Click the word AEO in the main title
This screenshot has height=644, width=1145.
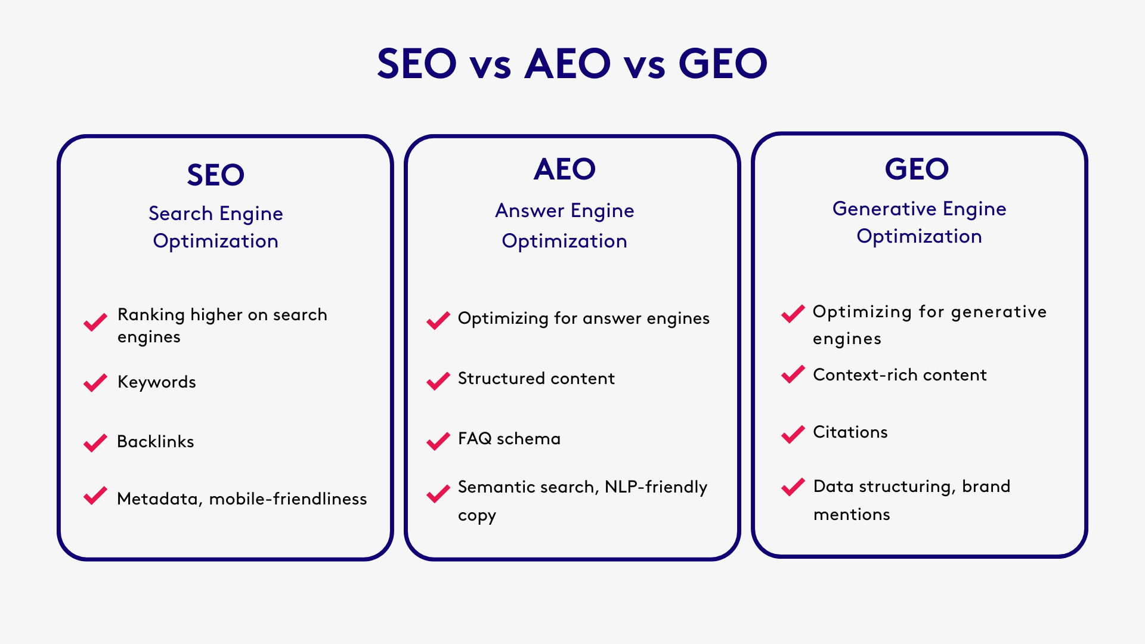[x=567, y=64]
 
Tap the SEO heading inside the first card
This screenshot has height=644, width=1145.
[x=215, y=175]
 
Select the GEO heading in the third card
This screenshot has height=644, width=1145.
[x=917, y=169]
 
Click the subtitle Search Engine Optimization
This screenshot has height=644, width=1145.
[x=215, y=227]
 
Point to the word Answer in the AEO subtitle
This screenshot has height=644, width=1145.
[x=530, y=210]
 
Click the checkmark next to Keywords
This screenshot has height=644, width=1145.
[x=95, y=383]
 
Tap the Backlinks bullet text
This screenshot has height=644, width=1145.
[x=156, y=442]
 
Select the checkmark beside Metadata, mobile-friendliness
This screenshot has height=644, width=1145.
[x=95, y=496]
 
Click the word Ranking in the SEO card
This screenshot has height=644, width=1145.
[x=151, y=315]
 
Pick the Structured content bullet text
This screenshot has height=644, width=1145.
[x=536, y=379]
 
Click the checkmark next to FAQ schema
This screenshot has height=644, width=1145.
[x=438, y=441]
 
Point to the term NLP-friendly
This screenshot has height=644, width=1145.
[x=656, y=487]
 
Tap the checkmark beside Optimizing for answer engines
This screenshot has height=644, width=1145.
[x=438, y=320]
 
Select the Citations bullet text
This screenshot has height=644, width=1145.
[x=850, y=432]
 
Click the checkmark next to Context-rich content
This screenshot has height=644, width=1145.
[x=793, y=374]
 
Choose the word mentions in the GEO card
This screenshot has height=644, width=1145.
[x=852, y=515]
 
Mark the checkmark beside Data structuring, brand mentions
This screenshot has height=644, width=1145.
[x=793, y=487]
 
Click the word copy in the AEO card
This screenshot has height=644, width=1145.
[x=476, y=516]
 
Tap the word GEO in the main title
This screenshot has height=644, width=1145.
[x=723, y=64]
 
